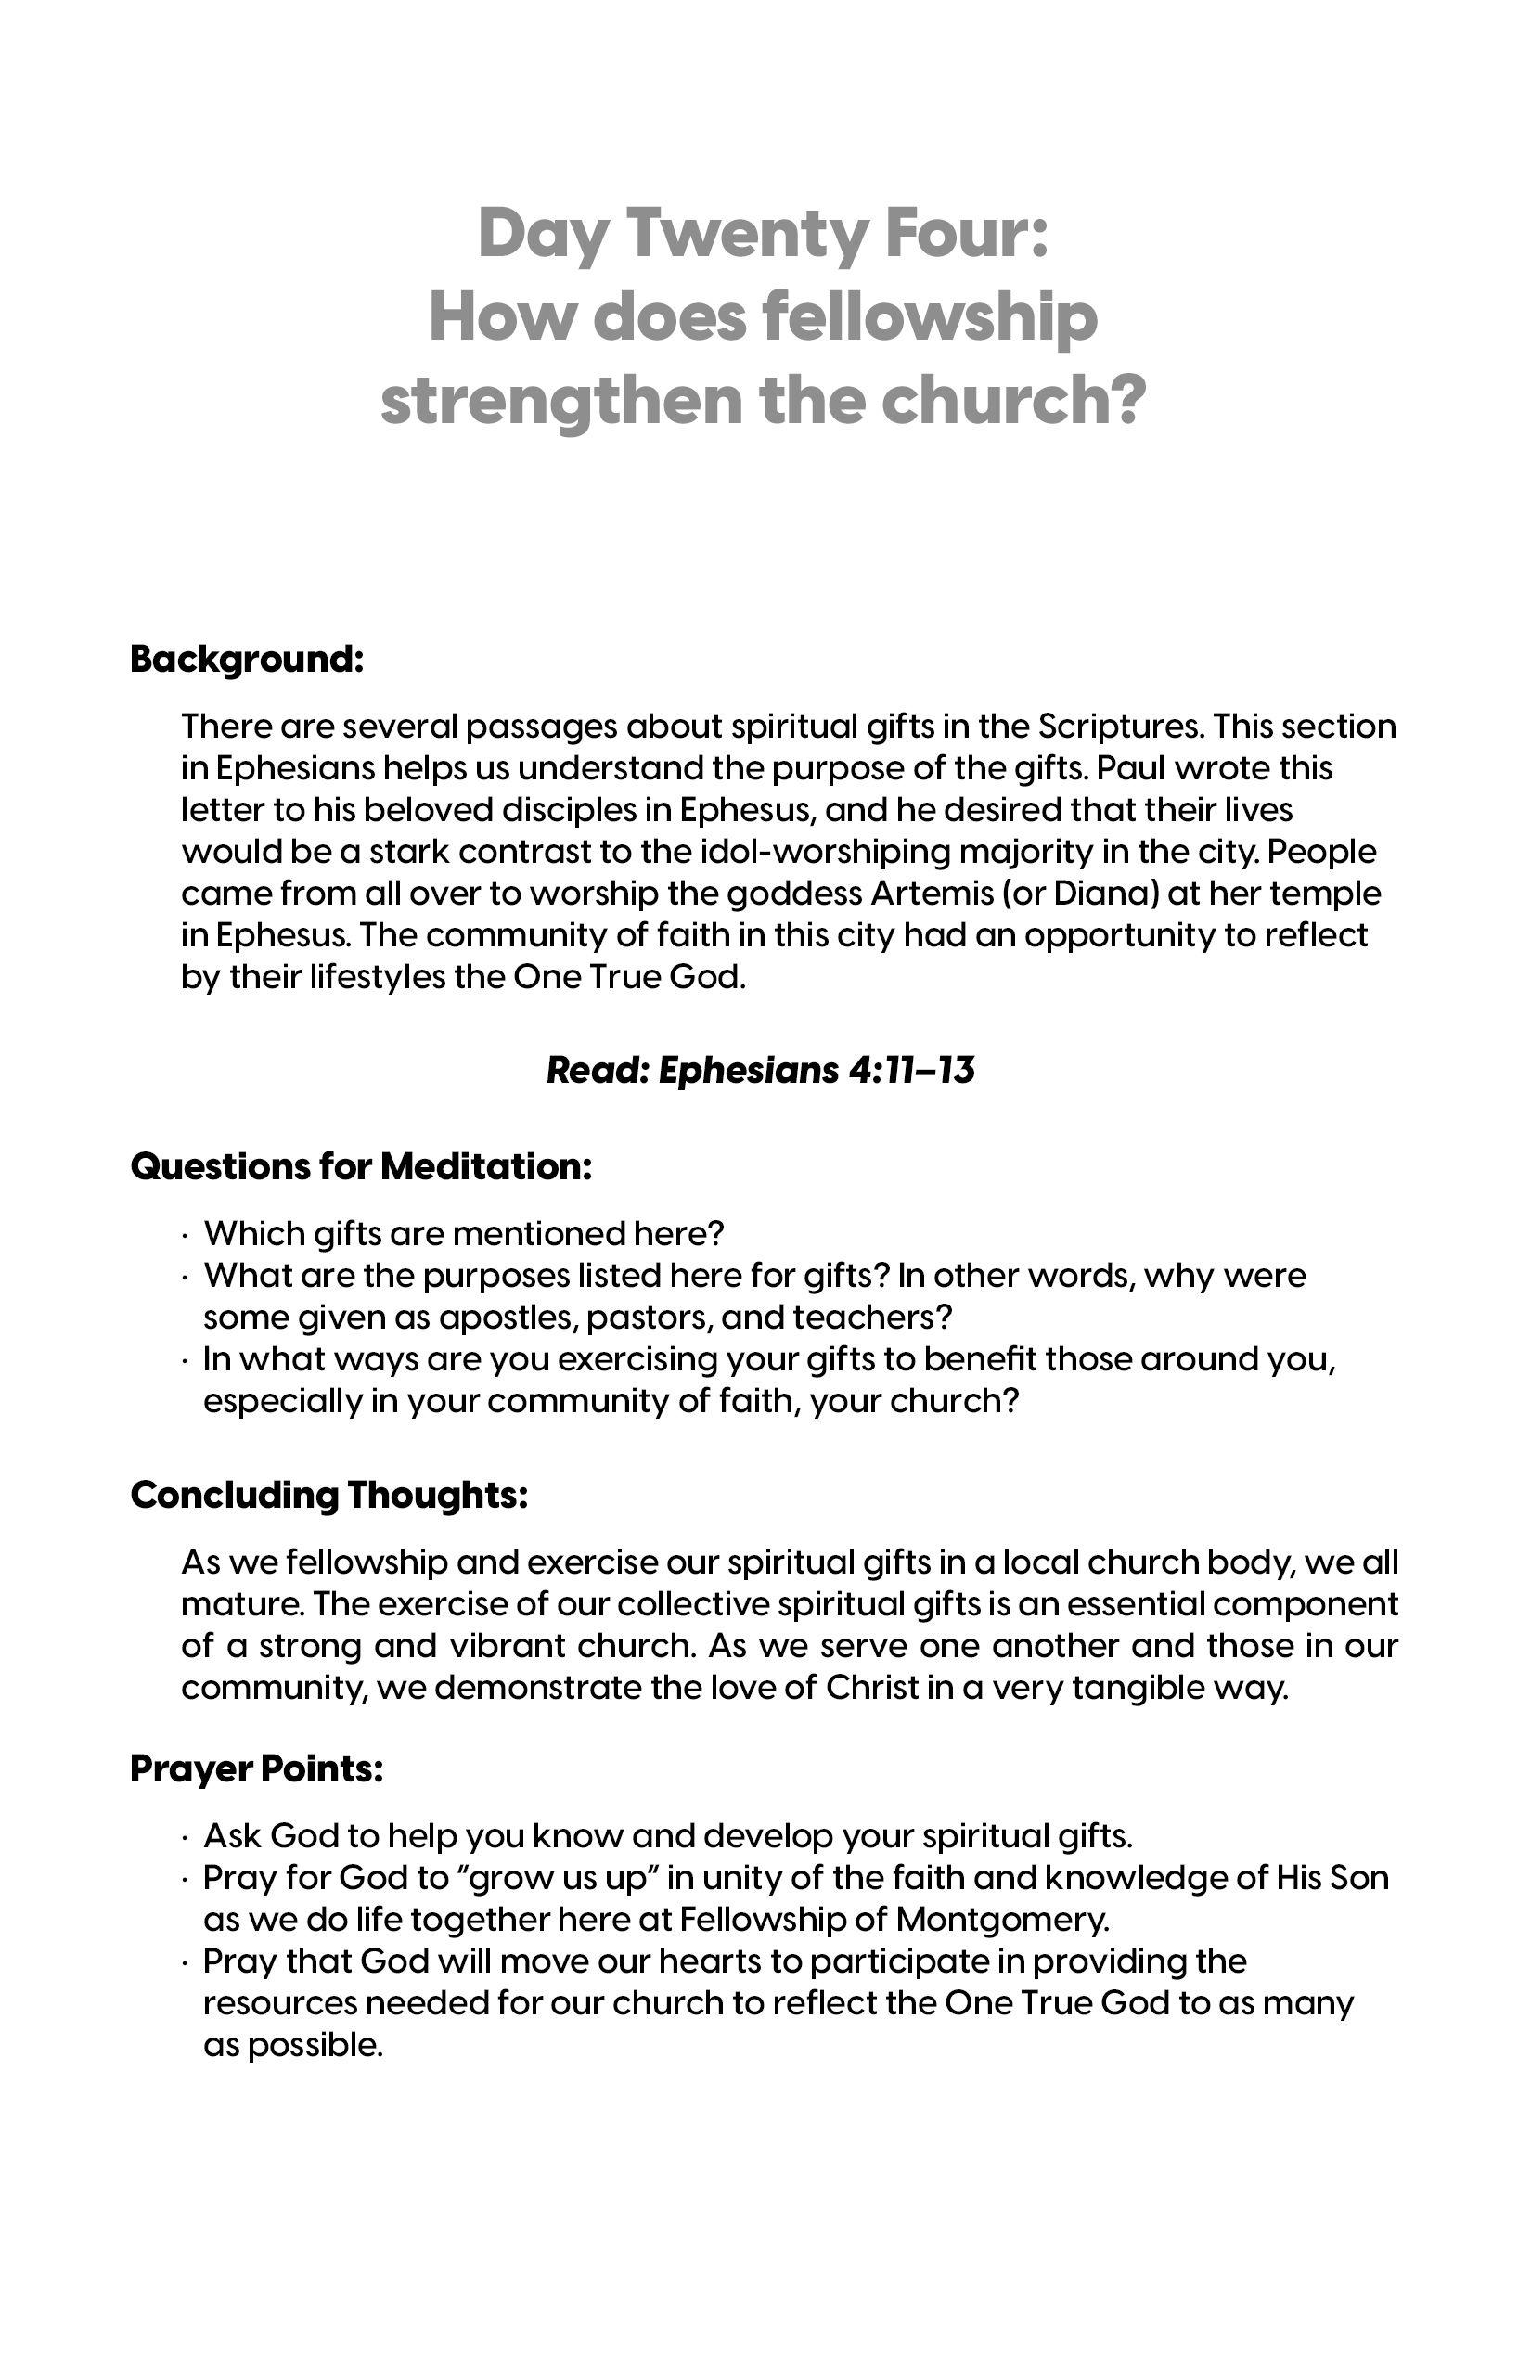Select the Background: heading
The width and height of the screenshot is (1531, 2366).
click(x=247, y=659)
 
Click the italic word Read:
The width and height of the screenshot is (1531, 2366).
click(x=597, y=1070)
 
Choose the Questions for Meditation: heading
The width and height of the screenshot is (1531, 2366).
click(x=361, y=1166)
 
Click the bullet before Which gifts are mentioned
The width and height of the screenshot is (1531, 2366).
click(x=186, y=1236)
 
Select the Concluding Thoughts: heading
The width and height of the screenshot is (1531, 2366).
click(x=329, y=1495)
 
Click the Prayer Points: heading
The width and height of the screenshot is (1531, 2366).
click(x=256, y=1768)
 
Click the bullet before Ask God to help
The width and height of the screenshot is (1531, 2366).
click(x=186, y=1838)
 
